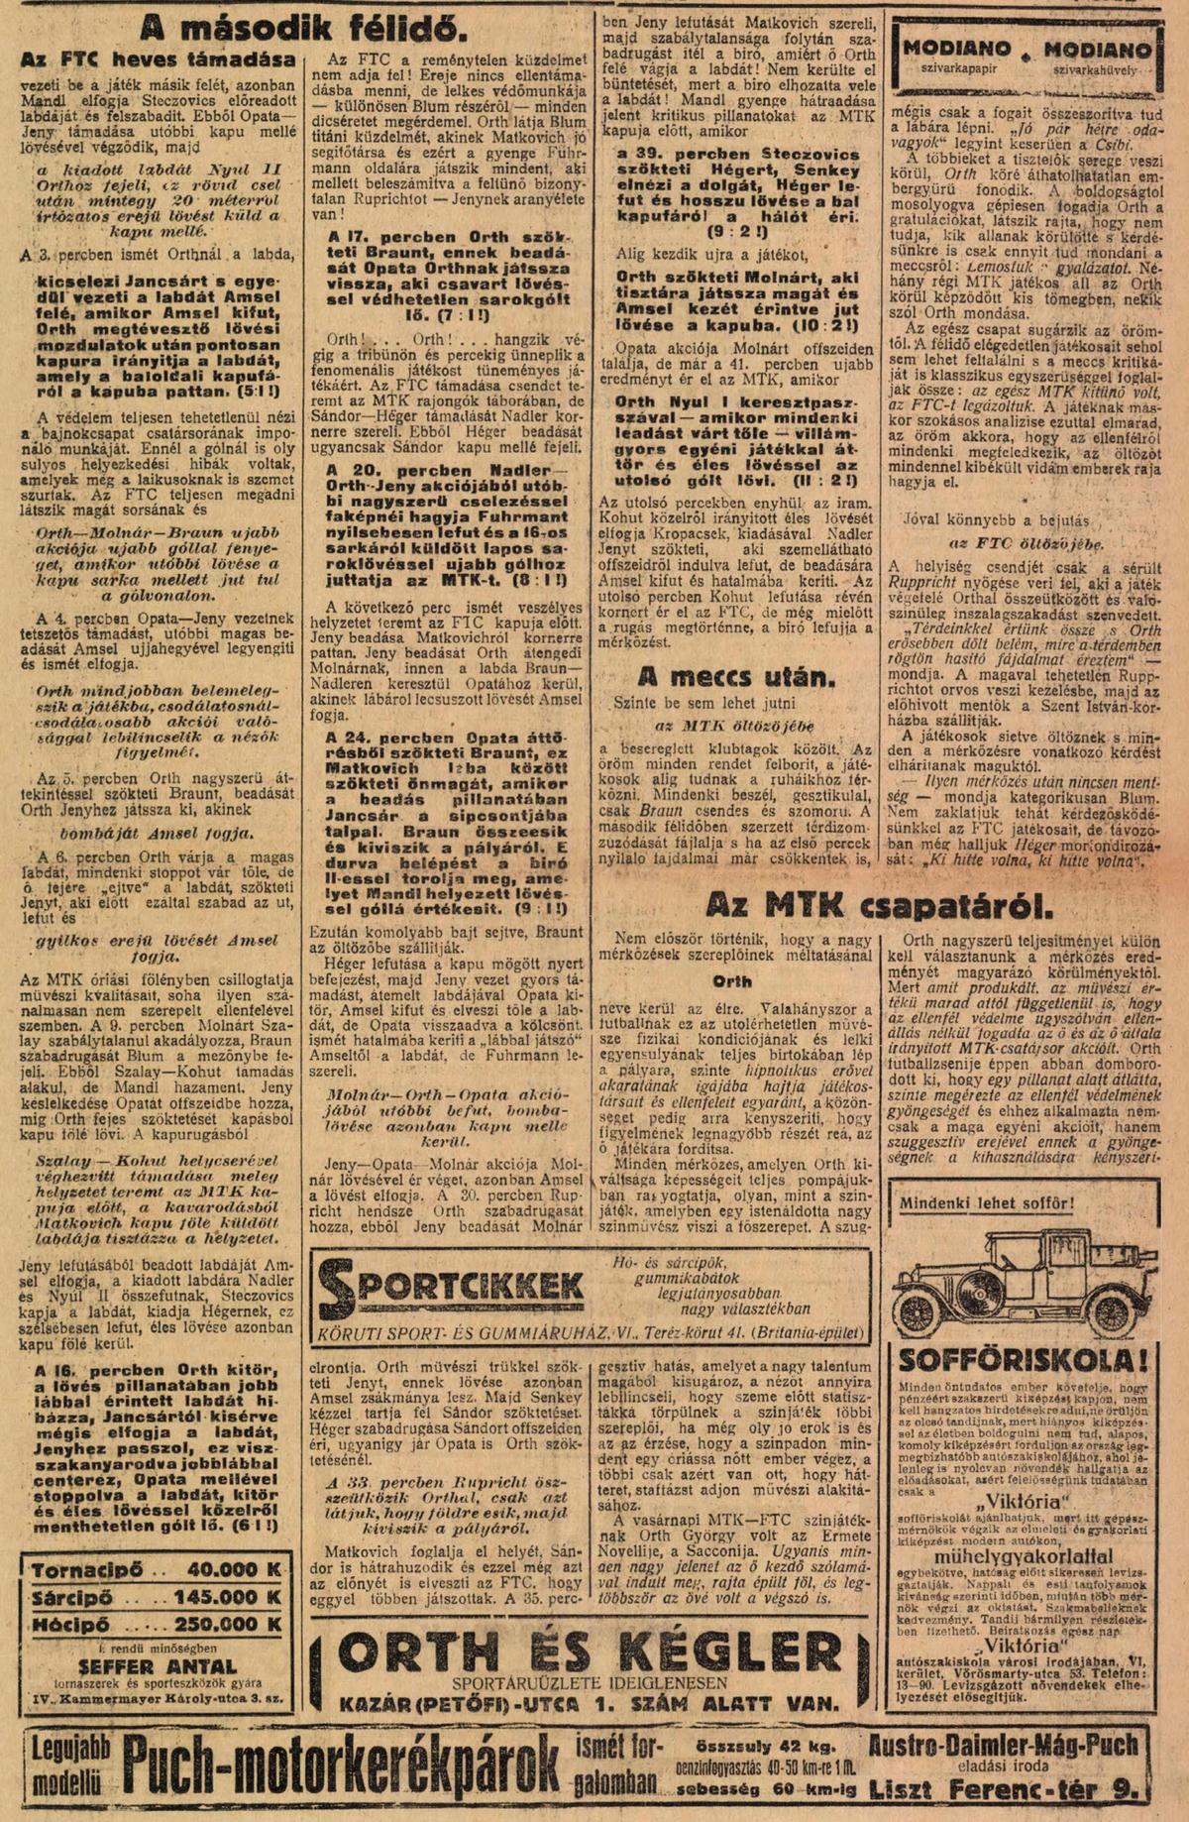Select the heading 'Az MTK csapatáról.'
click(x=878, y=904)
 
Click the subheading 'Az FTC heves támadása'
click(x=158, y=59)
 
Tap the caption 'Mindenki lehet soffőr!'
click(x=986, y=1204)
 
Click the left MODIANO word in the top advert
click(x=956, y=49)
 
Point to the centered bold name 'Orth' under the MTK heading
click(x=732, y=981)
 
